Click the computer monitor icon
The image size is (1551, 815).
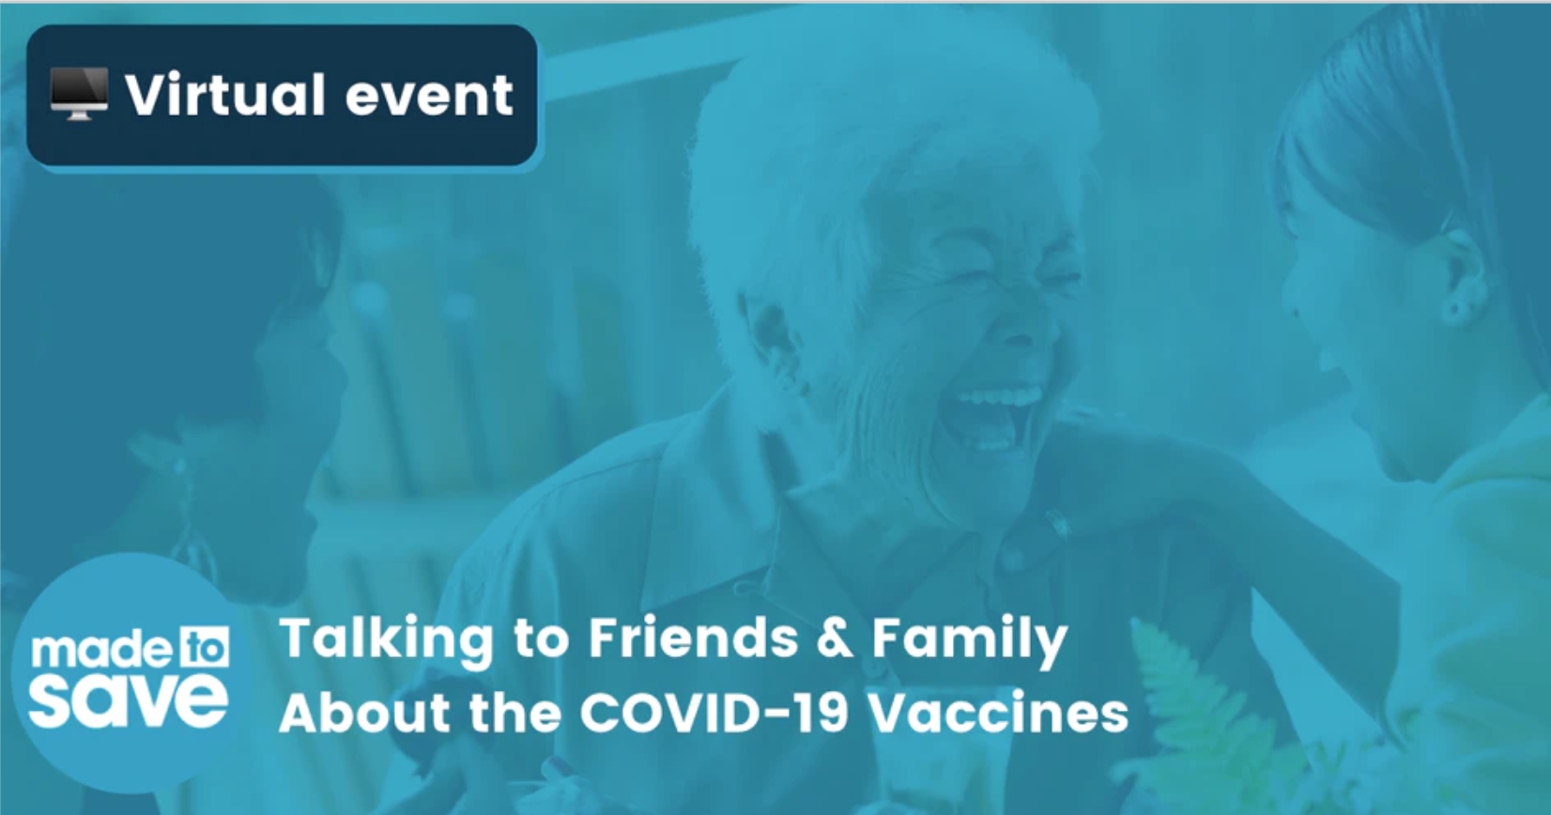tap(79, 94)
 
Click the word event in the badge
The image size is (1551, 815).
tap(429, 97)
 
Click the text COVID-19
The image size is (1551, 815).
tap(714, 713)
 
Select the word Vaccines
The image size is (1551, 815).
tap(998, 713)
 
